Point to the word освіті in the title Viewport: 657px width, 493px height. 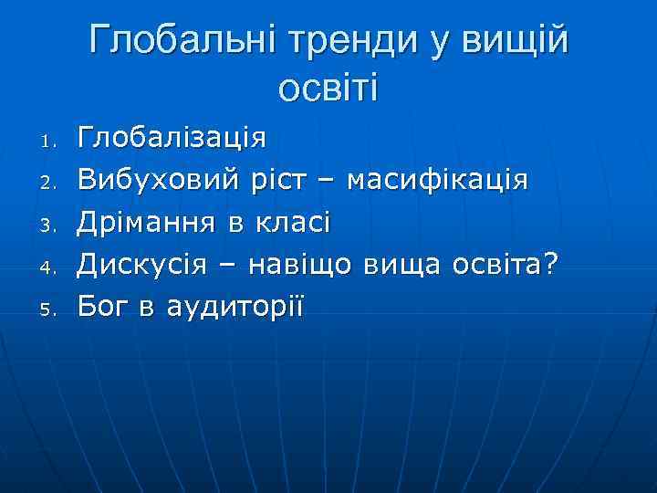[328, 89]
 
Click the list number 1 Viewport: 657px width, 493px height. [50, 142]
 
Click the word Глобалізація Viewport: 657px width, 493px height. [172, 139]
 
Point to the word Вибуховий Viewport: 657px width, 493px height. [161, 181]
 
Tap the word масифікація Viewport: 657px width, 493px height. [437, 181]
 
